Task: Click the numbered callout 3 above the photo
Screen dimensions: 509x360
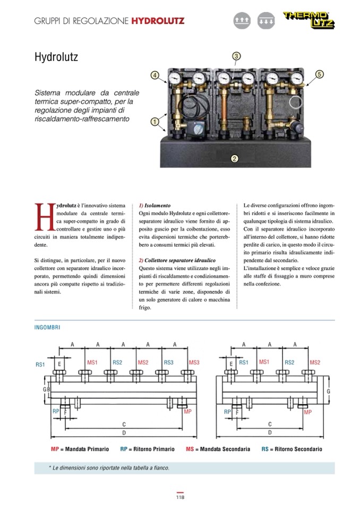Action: [x=237, y=56]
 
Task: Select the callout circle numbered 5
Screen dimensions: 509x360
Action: [x=319, y=74]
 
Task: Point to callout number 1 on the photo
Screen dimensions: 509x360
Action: [x=155, y=121]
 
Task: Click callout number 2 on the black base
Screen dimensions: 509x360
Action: [x=235, y=158]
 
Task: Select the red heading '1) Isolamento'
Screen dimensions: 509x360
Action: [x=154, y=205]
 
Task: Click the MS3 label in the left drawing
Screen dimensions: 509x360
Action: [x=193, y=363]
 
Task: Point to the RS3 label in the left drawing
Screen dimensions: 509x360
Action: [x=168, y=363]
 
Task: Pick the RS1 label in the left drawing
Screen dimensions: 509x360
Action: [x=40, y=365]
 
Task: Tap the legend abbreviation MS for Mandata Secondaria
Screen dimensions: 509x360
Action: [x=190, y=449]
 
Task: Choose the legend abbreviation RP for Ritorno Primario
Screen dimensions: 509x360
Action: [x=123, y=449]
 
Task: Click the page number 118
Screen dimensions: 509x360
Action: [x=180, y=497]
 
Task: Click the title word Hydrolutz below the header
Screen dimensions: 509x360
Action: [x=56, y=57]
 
